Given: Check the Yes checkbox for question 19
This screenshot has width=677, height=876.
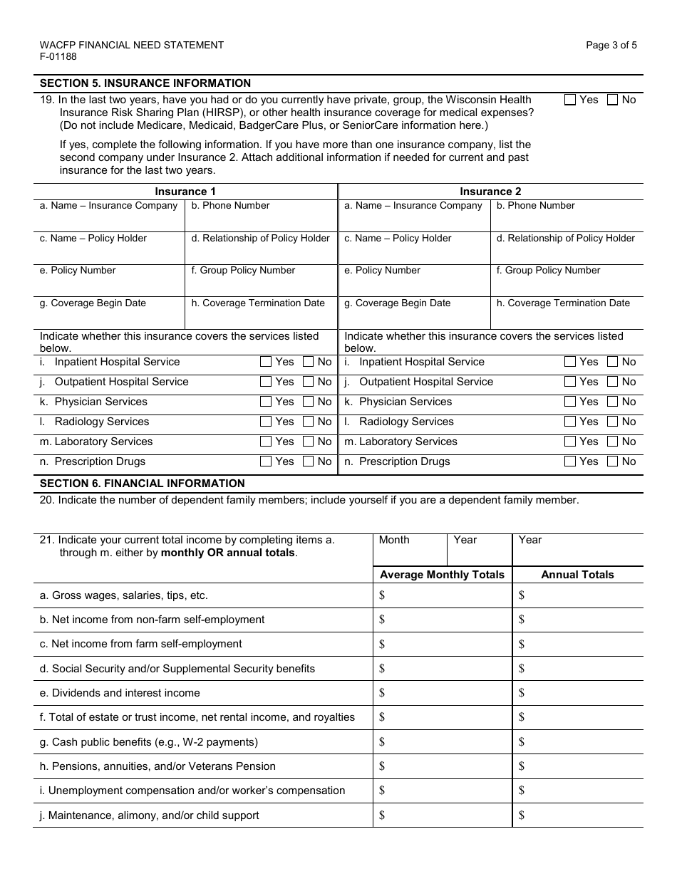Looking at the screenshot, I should click(570, 100).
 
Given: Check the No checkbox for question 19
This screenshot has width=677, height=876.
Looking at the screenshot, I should click(612, 100).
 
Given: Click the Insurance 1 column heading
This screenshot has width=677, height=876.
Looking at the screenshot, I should click(185, 192).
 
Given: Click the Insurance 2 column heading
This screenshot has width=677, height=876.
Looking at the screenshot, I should click(490, 192).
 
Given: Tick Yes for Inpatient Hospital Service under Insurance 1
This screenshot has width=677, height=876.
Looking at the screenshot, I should click(266, 362).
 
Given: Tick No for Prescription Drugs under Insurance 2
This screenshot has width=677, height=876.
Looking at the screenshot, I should click(612, 462).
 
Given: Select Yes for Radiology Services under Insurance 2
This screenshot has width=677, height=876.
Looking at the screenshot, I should click(570, 422).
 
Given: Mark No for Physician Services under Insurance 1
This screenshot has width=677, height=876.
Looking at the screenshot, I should click(308, 402).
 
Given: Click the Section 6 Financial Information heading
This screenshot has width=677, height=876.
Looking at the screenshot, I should click(143, 484).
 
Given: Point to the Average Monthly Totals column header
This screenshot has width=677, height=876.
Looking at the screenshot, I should click(442, 575).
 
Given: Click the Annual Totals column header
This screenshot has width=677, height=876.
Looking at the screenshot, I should click(577, 575).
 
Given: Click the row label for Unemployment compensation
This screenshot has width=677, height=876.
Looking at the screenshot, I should click(192, 791).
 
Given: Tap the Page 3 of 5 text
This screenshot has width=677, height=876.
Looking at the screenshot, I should click(611, 45).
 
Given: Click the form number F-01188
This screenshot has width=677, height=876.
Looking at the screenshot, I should click(58, 57).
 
